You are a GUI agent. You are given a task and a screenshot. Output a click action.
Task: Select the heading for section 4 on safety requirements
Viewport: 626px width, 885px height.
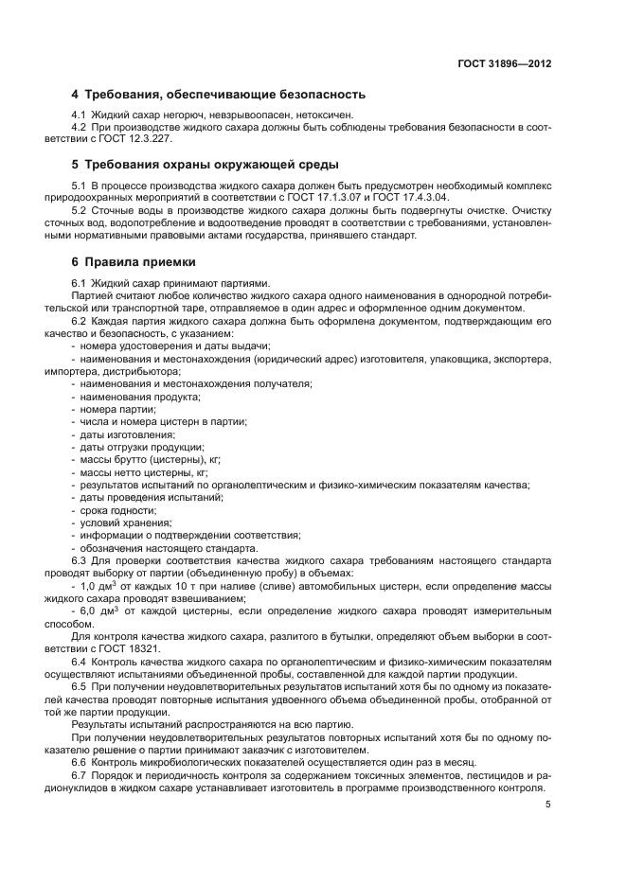219,95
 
